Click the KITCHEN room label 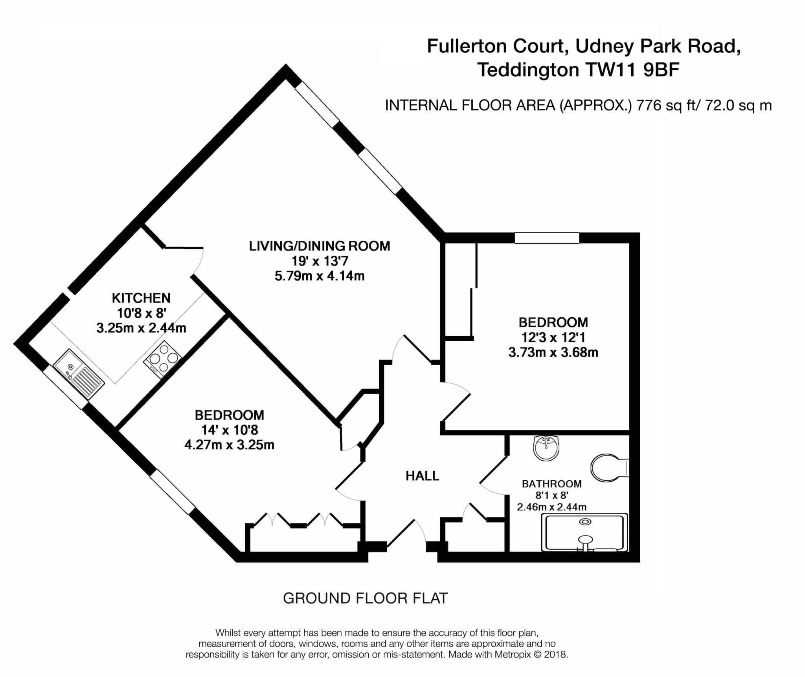tap(141, 298)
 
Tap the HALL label tap(422, 476)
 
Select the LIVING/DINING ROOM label tap(320, 246)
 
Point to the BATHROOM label tap(551, 484)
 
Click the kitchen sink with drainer tap(79, 374)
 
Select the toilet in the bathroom tap(610, 468)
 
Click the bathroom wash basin tap(546, 448)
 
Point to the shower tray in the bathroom tap(584, 533)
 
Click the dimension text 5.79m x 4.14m tap(320, 276)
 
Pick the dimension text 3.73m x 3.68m tap(553, 352)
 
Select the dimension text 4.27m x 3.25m tap(230, 445)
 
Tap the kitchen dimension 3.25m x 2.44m tap(141, 328)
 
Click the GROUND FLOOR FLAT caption tap(365, 598)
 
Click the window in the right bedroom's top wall tap(547, 238)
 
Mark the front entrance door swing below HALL tap(407, 532)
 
